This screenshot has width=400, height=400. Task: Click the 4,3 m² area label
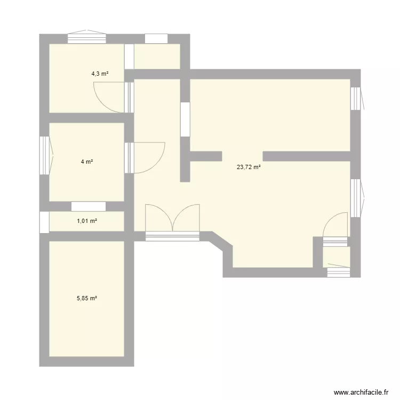(x=100, y=74)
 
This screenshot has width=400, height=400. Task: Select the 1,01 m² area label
(x=87, y=221)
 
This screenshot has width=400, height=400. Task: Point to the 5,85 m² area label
(x=87, y=299)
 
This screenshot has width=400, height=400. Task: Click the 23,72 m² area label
(x=249, y=167)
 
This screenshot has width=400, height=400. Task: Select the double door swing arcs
(x=172, y=218)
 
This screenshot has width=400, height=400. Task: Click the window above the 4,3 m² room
(x=87, y=38)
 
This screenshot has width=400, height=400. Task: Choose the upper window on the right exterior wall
(x=355, y=99)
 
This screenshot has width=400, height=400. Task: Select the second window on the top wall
(x=156, y=38)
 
